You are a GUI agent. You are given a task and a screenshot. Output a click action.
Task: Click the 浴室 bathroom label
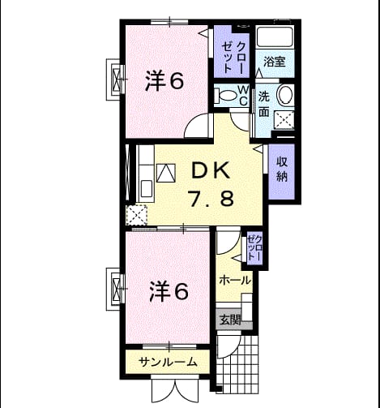(x=275, y=62)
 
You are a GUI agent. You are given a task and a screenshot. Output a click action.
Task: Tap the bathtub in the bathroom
(x=275, y=37)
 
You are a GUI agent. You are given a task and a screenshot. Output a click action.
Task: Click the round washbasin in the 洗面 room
(x=285, y=94)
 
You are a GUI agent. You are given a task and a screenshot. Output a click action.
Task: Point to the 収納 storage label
(x=282, y=170)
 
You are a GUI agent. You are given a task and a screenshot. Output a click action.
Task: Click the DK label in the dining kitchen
(x=211, y=170)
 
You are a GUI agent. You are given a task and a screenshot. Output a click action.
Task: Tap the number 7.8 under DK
(x=211, y=199)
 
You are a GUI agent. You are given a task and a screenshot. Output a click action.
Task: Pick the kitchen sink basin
(x=147, y=189)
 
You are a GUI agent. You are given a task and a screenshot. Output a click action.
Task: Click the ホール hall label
(x=234, y=281)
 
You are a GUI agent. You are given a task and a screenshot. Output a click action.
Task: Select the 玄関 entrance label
(x=230, y=320)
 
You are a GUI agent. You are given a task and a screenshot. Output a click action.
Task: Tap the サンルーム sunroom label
(x=168, y=362)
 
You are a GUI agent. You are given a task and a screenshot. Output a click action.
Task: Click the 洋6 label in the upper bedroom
(x=164, y=80)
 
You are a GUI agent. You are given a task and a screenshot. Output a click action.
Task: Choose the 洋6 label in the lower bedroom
(x=169, y=291)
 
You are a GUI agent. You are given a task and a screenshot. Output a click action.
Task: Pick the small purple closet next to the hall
(x=254, y=248)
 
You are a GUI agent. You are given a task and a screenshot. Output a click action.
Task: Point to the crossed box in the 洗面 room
(x=284, y=119)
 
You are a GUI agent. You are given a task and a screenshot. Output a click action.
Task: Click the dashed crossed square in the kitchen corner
(x=137, y=215)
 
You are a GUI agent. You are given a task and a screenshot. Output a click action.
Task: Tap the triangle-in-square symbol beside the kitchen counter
(x=166, y=173)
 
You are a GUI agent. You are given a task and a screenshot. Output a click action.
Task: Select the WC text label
(x=243, y=95)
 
